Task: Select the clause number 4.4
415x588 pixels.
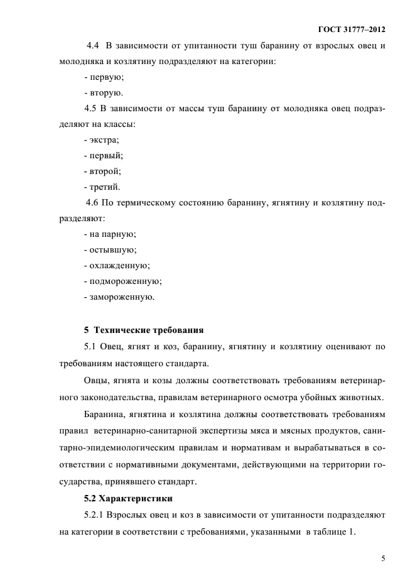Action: point(93,46)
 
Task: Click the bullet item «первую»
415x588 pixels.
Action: point(104,77)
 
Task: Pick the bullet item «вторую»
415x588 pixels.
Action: point(103,93)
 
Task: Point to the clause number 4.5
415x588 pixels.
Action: point(92,109)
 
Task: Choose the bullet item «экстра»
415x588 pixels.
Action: point(101,139)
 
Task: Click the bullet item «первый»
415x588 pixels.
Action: point(103,155)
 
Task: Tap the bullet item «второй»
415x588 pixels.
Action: point(102,171)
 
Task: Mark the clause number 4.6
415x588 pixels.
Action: point(93,202)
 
